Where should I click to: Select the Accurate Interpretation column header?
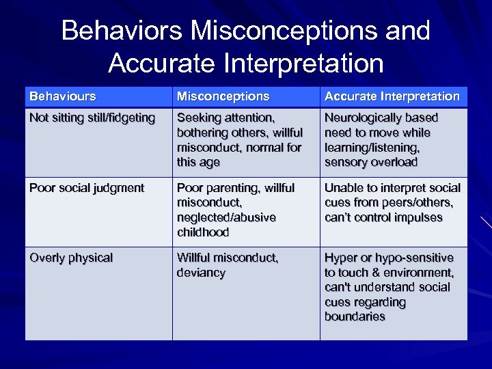[392, 96]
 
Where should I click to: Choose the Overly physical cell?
[71, 258]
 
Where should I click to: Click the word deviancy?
[201, 273]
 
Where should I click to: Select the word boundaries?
[355, 316]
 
